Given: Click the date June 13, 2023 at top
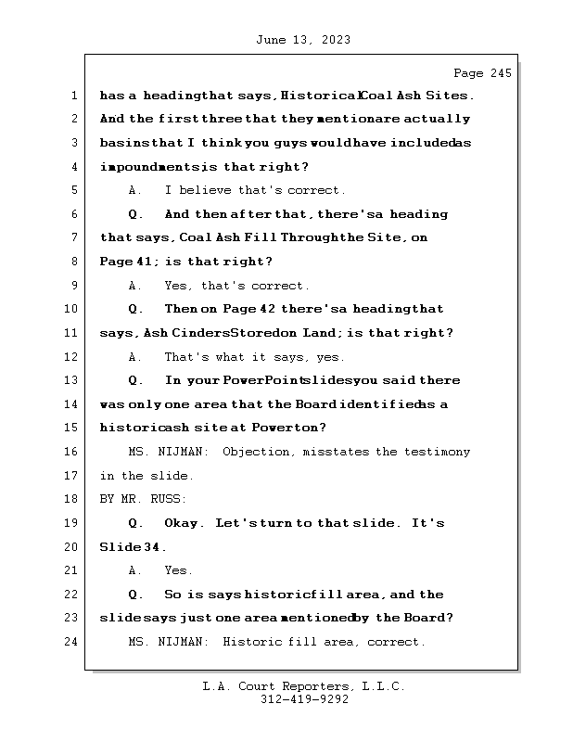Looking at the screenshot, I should click(x=301, y=40).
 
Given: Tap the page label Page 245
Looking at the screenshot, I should click(x=481, y=73).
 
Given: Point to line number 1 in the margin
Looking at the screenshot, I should click(x=74, y=95).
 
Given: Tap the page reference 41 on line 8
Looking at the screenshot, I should click(x=146, y=262).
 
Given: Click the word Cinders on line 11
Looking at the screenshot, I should click(x=200, y=333).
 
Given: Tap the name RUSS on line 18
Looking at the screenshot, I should click(x=169, y=499).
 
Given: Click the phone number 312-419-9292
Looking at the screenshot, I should click(x=304, y=700).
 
